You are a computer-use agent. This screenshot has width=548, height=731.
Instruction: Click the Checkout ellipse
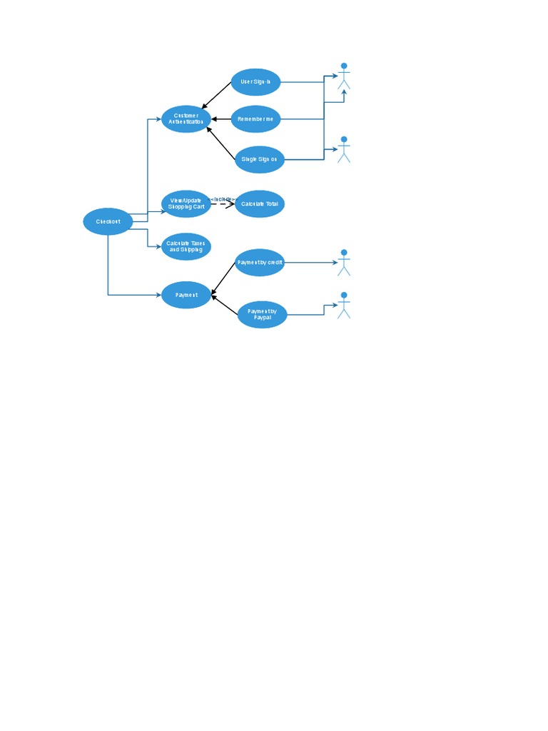[x=108, y=222]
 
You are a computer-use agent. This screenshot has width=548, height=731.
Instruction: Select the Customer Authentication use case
[x=186, y=119]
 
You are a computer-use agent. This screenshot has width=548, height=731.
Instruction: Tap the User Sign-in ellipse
[x=255, y=82]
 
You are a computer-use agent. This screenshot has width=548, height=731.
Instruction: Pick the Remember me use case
[x=255, y=119]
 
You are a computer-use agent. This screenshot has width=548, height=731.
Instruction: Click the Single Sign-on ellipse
[x=259, y=158]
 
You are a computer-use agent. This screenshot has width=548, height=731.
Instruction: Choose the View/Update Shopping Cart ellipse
[x=186, y=204]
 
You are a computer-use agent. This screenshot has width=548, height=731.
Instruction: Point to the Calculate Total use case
[x=260, y=204]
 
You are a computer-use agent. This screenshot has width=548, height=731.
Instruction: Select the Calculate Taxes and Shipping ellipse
[x=186, y=246]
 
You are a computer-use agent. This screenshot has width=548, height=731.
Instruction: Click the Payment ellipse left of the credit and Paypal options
[x=186, y=294]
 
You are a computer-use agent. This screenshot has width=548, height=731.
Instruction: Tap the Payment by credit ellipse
[x=260, y=263]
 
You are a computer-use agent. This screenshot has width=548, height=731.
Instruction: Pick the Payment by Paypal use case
[x=262, y=313]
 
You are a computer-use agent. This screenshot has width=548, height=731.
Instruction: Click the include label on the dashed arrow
[x=222, y=199]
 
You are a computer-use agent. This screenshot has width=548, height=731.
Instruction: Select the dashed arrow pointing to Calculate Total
[x=223, y=205]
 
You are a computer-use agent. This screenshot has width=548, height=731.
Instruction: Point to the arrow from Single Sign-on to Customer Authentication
[x=220, y=142]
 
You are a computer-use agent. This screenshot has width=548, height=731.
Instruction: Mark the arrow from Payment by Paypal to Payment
[x=225, y=303]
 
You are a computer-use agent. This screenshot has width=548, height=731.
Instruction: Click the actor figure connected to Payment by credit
[x=344, y=262]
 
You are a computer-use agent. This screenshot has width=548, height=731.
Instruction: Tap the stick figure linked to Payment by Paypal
[x=344, y=305]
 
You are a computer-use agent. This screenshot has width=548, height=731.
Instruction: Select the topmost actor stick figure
[x=344, y=76]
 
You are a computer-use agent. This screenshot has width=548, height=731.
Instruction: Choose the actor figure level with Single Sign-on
[x=344, y=149]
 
